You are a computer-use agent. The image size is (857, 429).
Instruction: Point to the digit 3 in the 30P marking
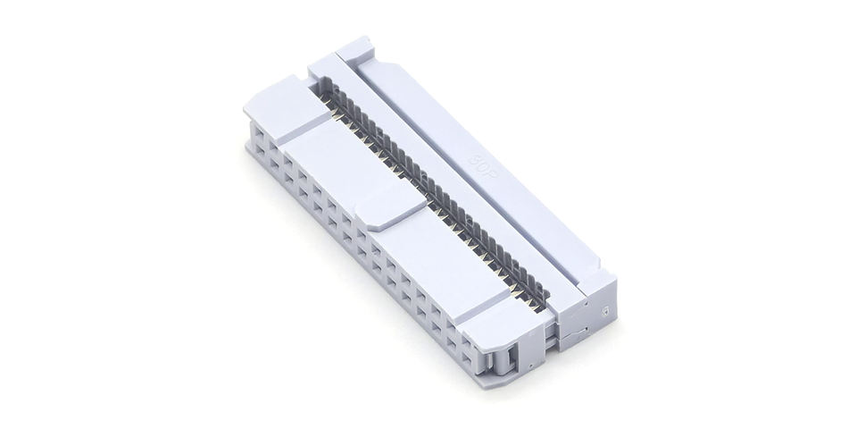(476, 159)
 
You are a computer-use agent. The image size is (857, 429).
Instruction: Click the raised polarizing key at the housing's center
(391, 206)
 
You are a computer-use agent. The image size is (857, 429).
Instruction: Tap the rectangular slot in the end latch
(512, 359)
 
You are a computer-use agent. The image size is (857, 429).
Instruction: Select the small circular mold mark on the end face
(605, 313)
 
